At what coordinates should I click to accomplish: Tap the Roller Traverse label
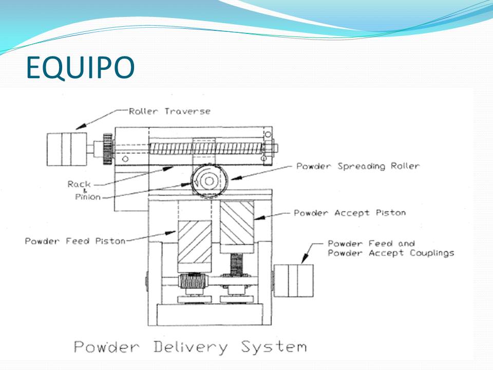[x=169, y=111]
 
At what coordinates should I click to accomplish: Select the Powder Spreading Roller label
[x=358, y=166]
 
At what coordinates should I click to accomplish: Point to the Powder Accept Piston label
[x=349, y=212]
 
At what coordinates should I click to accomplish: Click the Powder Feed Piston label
[x=75, y=241]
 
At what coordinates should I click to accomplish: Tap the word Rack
[x=79, y=184]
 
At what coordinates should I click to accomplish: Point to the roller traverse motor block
[x=66, y=149]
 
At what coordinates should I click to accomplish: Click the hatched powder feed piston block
[x=194, y=246]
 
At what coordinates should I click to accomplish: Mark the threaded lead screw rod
[x=205, y=149]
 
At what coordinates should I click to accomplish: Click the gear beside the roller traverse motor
[x=107, y=149]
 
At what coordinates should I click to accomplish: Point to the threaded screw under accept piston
[x=236, y=265]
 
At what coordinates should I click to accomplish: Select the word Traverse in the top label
[x=187, y=111]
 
